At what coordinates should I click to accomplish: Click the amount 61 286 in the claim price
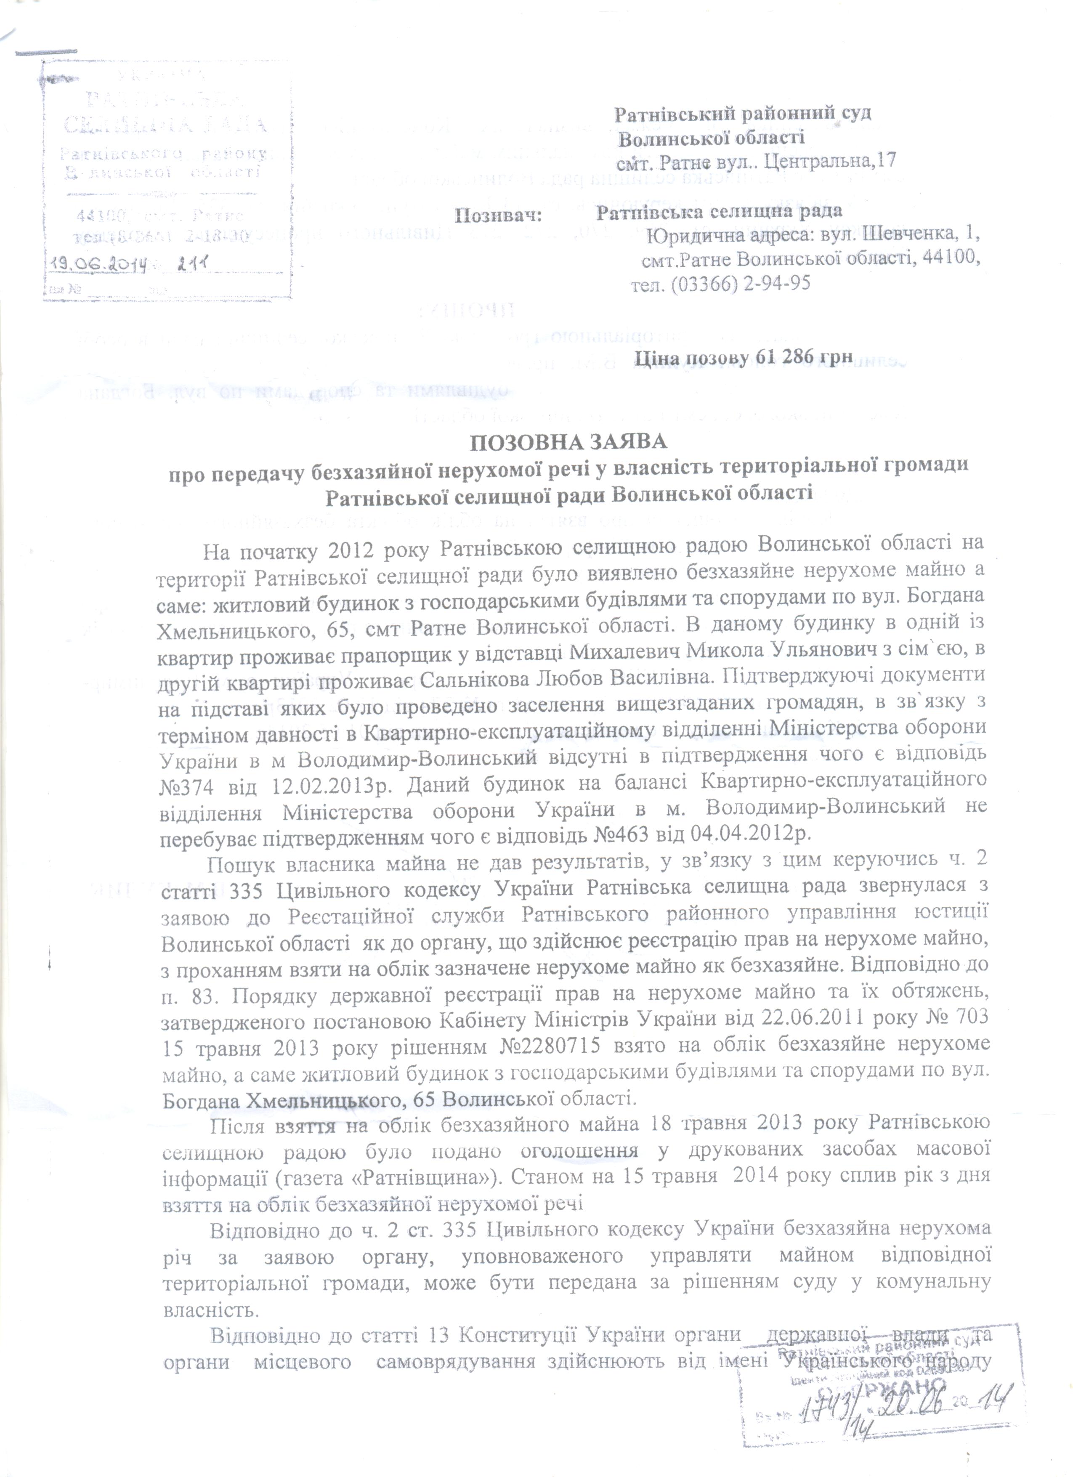coord(780,358)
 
